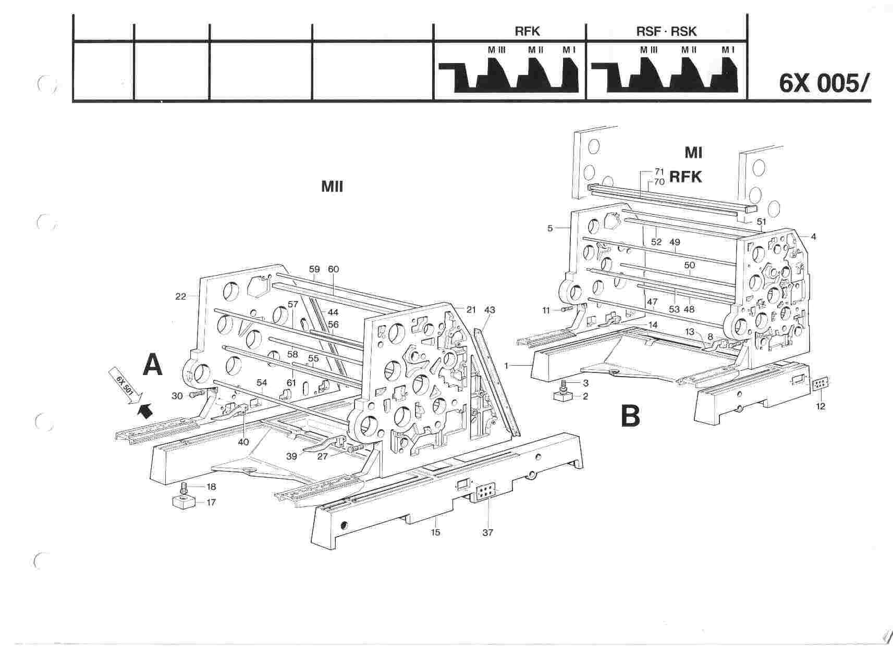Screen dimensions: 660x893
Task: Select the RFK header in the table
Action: pyautogui.click(x=527, y=31)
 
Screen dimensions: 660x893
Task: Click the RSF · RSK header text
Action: pyautogui.click(x=666, y=31)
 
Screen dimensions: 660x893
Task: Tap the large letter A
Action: pyautogui.click(x=152, y=364)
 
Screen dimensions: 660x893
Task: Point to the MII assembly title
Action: pyautogui.click(x=332, y=186)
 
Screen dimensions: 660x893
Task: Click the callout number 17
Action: pyautogui.click(x=211, y=503)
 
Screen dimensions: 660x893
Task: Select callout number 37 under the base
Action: pyautogui.click(x=487, y=532)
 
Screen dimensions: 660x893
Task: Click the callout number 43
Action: pyautogui.click(x=490, y=310)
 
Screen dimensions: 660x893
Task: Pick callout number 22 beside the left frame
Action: pyautogui.click(x=180, y=297)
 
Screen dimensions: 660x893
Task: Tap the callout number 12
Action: pyautogui.click(x=821, y=406)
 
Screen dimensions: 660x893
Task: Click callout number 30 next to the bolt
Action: pyautogui.click(x=177, y=396)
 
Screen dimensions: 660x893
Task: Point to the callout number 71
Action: pyautogui.click(x=659, y=171)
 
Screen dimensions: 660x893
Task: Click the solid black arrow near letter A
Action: pyautogui.click(x=145, y=411)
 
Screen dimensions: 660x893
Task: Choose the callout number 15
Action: pyautogui.click(x=435, y=532)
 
